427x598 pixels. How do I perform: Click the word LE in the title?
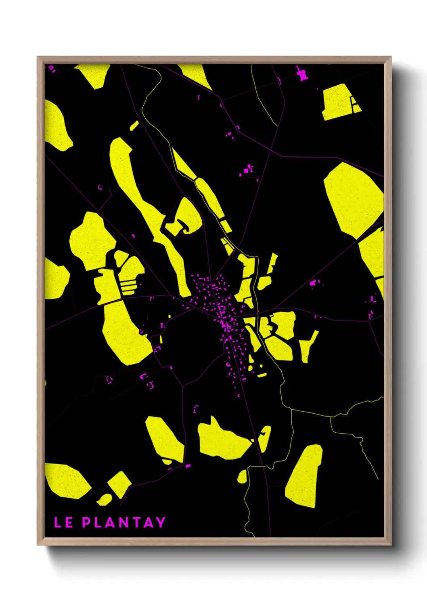[63, 522]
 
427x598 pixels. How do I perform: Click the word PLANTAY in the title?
[124, 522]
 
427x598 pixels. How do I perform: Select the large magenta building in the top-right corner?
[302, 74]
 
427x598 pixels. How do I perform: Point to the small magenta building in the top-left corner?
[51, 68]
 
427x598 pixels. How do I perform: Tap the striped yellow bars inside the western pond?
[129, 286]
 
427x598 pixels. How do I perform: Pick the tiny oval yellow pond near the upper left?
[134, 126]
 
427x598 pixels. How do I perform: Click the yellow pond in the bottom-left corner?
[67, 481]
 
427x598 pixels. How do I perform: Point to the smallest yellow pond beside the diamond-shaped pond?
[105, 500]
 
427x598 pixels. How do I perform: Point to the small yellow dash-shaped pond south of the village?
[262, 375]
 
